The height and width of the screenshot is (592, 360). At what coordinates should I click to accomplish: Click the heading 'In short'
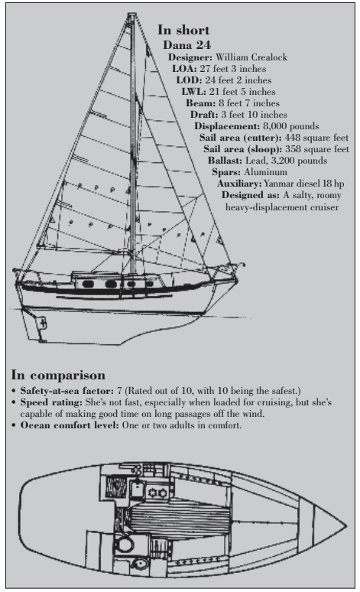[x=183, y=30]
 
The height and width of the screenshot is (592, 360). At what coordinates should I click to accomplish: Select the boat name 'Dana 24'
[x=186, y=45]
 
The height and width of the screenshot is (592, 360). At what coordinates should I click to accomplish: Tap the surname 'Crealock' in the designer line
[x=269, y=57]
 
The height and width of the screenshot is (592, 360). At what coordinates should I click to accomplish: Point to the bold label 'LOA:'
[x=184, y=69]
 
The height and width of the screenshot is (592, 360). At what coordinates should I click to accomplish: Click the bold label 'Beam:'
[x=201, y=103]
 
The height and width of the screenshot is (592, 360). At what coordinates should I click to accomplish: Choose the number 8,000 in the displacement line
[x=274, y=126]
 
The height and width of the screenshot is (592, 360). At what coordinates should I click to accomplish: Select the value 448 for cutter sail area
[x=293, y=138]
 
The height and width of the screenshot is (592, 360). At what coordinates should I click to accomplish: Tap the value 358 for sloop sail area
[x=293, y=149]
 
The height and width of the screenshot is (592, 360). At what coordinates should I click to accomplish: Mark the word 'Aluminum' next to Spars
[x=265, y=172]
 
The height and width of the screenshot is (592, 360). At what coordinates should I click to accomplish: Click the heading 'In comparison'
[x=58, y=376]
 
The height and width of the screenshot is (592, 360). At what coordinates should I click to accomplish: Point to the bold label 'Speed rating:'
[x=51, y=402]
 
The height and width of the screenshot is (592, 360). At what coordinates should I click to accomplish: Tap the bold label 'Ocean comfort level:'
[x=70, y=425]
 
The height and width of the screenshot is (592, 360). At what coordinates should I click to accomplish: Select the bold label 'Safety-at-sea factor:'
[x=66, y=391]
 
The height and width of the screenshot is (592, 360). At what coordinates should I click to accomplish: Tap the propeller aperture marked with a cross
[x=43, y=324]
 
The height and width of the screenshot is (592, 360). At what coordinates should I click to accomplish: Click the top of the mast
[x=131, y=15]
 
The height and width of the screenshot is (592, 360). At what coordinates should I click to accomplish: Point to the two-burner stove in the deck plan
[x=157, y=493]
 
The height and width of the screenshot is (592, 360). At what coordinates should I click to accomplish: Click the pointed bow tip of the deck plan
[x=346, y=525]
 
